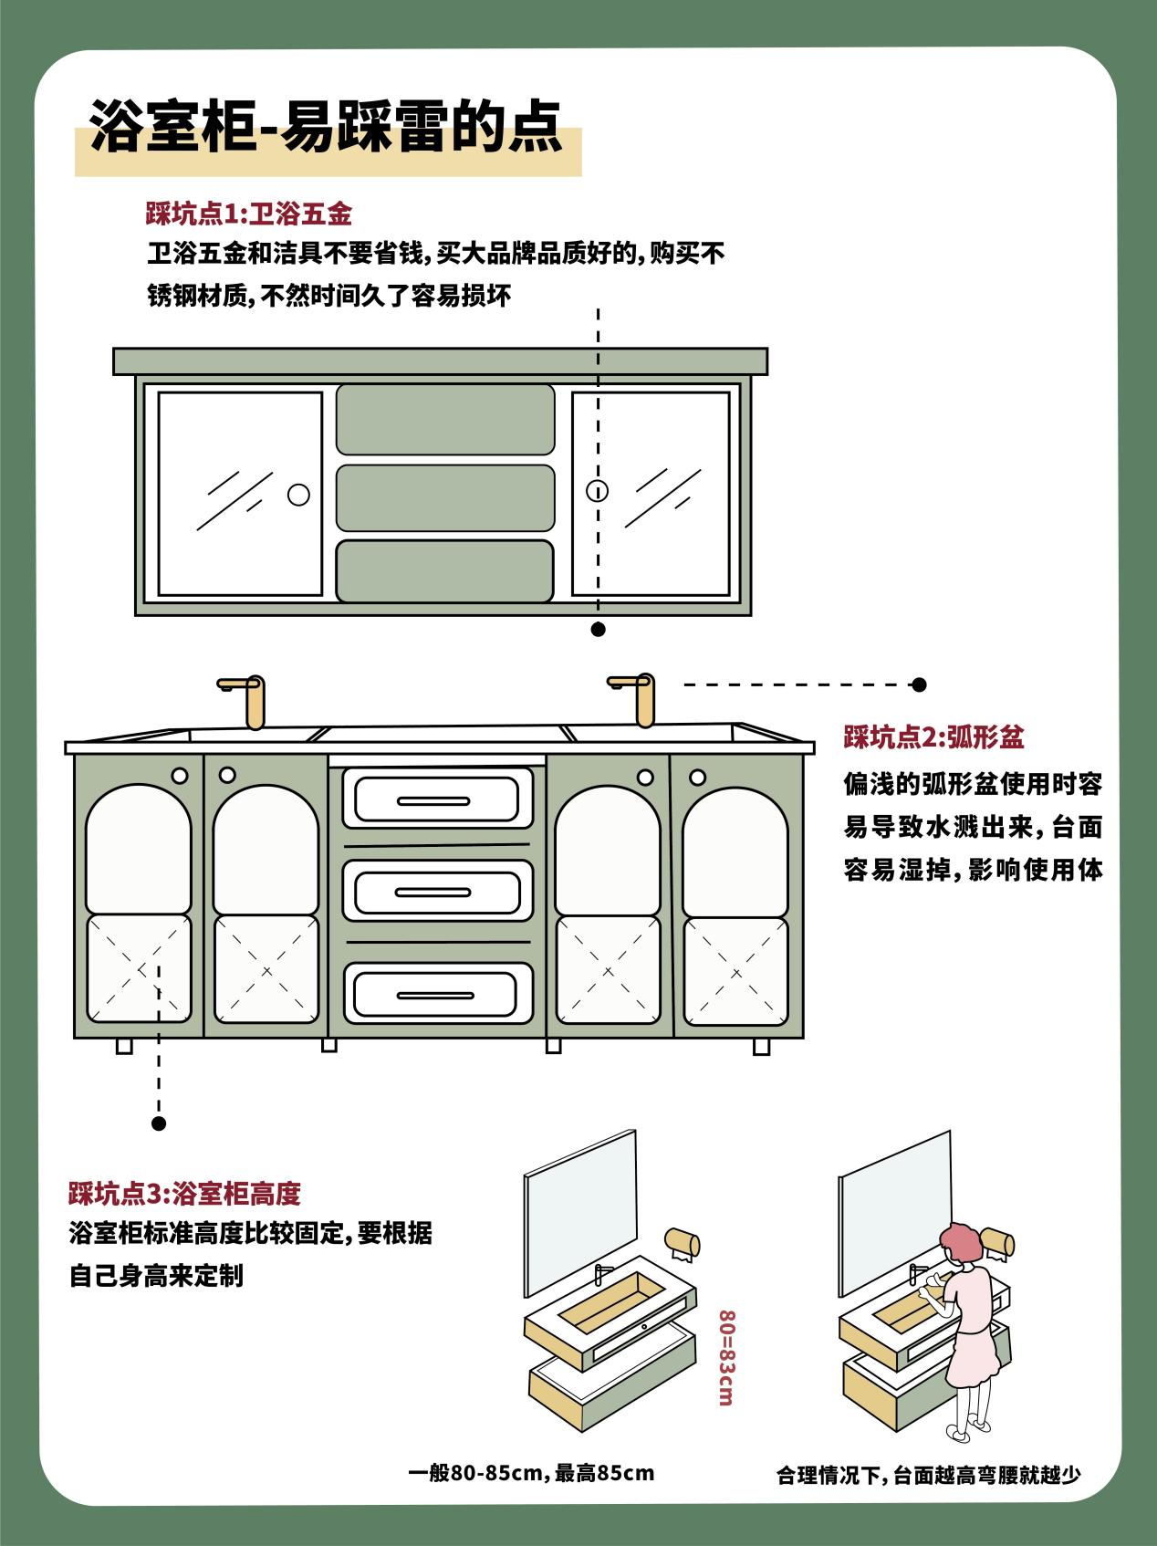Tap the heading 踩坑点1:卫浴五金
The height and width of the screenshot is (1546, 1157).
point(248,214)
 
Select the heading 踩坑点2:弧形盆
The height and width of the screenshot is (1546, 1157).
point(933,737)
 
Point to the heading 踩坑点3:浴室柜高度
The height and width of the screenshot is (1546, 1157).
point(184,1193)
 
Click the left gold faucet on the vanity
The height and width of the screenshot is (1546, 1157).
point(244,701)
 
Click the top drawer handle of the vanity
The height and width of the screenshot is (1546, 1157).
point(437,800)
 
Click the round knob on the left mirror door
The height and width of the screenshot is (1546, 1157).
point(298,494)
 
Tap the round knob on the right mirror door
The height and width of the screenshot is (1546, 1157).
point(597,491)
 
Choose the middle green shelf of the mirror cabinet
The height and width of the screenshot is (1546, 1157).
point(445,497)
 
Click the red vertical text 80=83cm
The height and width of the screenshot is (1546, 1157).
point(726,1357)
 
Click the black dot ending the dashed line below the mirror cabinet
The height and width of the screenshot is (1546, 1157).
point(599,629)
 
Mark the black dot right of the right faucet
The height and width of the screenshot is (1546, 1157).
point(920,684)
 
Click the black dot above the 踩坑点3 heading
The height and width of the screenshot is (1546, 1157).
point(159,1123)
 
